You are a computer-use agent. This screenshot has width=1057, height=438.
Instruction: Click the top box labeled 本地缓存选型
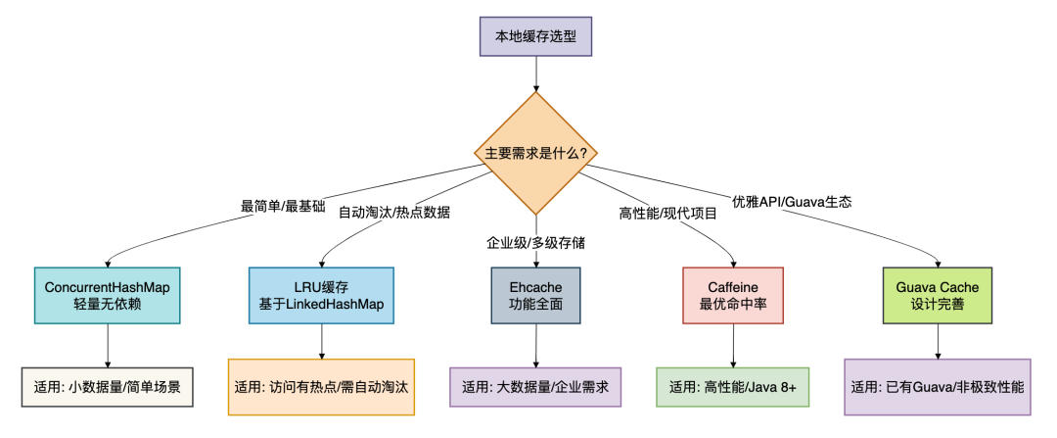click(536, 36)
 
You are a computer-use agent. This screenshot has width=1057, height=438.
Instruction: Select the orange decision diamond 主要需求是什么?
click(536, 153)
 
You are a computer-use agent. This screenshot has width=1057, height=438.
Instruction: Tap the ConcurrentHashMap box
click(108, 296)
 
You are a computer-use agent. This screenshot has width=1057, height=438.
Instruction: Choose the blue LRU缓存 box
click(321, 296)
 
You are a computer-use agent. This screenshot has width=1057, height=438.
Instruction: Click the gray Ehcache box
click(536, 296)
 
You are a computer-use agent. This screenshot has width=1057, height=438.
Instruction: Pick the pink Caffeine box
click(733, 296)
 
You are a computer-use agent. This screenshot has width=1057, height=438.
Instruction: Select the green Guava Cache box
click(937, 296)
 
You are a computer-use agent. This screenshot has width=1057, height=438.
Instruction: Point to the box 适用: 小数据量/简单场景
click(108, 387)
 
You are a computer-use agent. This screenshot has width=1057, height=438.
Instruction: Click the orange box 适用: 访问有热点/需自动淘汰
click(321, 387)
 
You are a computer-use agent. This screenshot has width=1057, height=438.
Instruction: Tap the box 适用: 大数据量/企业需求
click(536, 387)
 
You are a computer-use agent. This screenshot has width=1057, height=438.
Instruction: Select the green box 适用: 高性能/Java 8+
click(733, 387)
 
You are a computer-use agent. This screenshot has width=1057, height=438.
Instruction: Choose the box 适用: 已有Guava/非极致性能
click(937, 387)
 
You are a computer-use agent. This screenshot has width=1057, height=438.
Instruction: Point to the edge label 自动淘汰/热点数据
click(393, 213)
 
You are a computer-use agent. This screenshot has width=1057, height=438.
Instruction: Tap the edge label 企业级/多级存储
click(536, 242)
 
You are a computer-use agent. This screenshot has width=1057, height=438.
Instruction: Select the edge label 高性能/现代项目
click(668, 214)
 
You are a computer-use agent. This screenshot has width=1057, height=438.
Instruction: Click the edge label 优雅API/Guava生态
click(792, 201)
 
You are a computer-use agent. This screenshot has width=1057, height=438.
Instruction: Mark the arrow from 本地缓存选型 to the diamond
click(536, 73)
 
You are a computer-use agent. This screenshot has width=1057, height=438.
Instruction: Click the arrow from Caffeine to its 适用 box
click(733, 346)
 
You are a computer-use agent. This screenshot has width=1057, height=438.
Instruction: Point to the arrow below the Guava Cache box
click(937, 342)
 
